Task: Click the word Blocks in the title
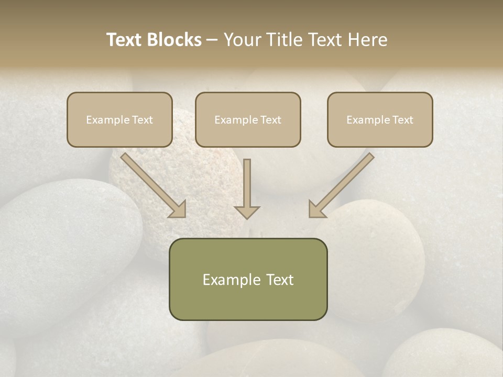[x=174, y=40]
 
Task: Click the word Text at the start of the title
[x=124, y=40]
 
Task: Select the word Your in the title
[x=242, y=40]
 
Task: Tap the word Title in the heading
[x=283, y=40]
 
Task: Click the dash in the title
[x=212, y=40]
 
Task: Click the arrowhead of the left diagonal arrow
[x=178, y=209]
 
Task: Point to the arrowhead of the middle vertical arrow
[x=247, y=212]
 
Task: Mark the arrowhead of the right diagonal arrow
[x=316, y=209]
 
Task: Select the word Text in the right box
[x=402, y=120]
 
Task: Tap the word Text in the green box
[x=280, y=280]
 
